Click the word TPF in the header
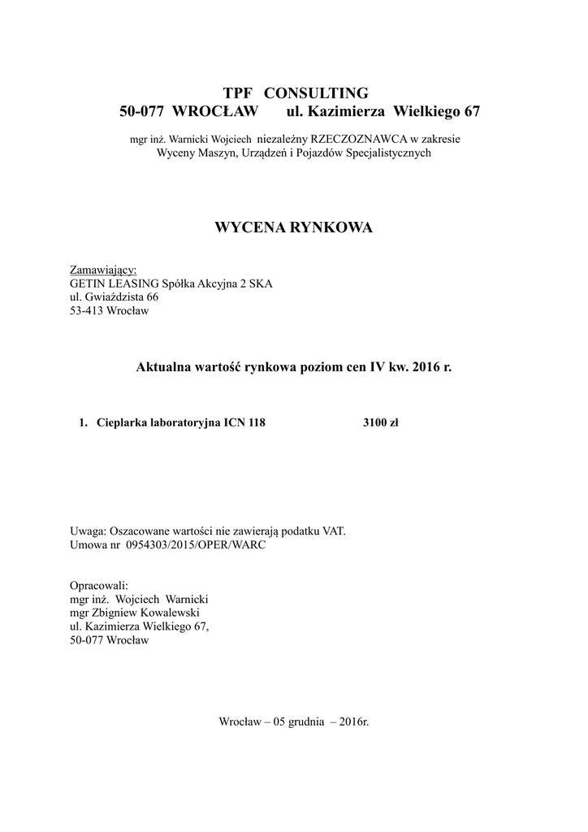point(239,92)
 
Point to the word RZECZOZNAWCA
point(363,139)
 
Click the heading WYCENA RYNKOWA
point(293,227)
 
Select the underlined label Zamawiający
point(103,270)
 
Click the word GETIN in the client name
point(89,284)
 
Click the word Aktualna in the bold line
point(162,367)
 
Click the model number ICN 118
point(244,422)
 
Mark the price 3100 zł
point(380,422)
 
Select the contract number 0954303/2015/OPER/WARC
point(196,545)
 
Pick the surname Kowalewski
point(170,613)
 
